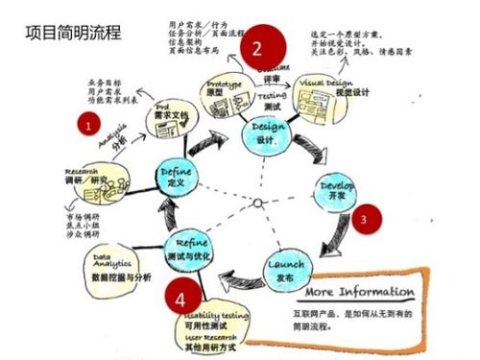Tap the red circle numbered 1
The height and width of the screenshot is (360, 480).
point(89,125)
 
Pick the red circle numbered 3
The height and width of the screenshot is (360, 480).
point(363,218)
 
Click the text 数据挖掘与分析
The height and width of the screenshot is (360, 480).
point(120,276)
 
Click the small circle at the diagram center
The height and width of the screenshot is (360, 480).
point(257,203)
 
